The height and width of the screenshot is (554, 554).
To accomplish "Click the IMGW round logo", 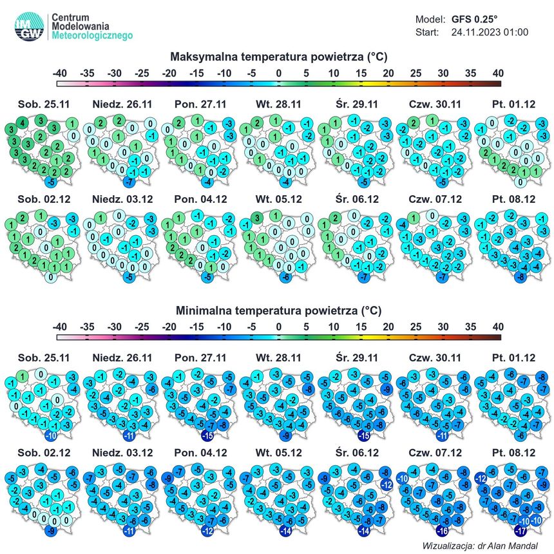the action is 30,26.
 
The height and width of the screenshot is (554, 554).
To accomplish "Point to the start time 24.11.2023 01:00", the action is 490,32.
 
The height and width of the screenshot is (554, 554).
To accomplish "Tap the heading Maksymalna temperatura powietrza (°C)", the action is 279,57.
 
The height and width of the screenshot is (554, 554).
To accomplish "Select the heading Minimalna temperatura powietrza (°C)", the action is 279,310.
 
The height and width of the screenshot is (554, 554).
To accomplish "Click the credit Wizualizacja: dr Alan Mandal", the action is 480,546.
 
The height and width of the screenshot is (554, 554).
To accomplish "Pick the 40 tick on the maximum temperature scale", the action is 498,73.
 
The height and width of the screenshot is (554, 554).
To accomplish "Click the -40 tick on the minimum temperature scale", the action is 59,327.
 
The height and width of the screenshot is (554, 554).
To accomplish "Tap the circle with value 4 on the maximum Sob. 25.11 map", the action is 23,123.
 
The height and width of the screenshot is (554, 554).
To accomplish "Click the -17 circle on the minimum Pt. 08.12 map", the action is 521,531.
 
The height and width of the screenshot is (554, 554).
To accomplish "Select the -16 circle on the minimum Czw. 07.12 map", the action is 442,531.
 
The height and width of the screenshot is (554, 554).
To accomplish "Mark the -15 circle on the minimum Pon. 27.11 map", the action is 207,435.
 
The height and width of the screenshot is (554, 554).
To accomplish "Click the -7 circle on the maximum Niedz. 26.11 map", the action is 129,182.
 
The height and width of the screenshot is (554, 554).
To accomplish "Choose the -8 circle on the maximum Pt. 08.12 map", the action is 521,277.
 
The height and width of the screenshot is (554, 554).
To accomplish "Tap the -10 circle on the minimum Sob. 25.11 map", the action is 52,435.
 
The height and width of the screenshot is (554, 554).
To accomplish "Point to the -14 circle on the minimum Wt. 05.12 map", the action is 285,531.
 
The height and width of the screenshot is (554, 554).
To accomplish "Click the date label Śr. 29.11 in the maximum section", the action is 357,104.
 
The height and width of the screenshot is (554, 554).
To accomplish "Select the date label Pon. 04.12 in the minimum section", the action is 201,453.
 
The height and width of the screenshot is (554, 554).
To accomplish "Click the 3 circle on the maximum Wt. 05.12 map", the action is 257,218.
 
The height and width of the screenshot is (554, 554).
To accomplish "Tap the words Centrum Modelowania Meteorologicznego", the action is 92,26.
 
